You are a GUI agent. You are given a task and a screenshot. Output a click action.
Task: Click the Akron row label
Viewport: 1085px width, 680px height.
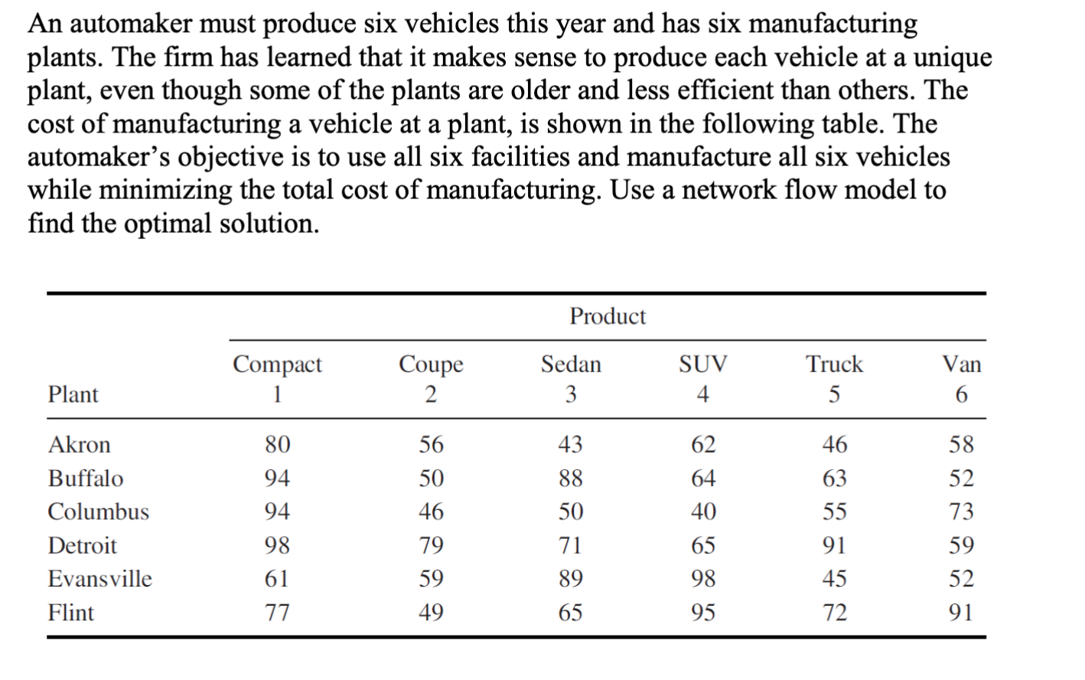click(79, 444)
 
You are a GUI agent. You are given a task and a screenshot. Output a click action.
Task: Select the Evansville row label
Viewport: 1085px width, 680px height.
click(99, 578)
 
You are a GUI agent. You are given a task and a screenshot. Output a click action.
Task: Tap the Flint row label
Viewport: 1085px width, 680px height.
click(71, 612)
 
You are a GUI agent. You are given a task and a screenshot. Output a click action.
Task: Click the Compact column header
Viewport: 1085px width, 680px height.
click(277, 365)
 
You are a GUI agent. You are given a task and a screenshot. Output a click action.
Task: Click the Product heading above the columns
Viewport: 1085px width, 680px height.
click(608, 315)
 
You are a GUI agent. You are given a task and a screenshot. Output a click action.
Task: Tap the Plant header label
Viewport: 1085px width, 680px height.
click(73, 394)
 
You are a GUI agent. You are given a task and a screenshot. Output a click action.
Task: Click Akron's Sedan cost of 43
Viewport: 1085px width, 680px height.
click(570, 444)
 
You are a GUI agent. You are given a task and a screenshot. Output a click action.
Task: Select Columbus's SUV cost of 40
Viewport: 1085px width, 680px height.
click(702, 511)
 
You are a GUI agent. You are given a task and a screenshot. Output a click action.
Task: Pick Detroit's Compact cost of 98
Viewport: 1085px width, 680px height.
click(277, 545)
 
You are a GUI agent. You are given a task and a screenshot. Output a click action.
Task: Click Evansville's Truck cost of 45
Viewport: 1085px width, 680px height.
click(834, 578)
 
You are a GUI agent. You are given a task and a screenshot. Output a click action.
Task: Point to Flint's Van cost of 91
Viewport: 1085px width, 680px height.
click(961, 612)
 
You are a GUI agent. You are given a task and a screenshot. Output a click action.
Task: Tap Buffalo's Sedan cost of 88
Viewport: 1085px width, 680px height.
click(570, 478)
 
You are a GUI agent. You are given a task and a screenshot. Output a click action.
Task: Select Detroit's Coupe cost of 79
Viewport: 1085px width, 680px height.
click(431, 545)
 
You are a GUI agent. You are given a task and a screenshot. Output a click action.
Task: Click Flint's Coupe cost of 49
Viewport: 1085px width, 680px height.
click(431, 612)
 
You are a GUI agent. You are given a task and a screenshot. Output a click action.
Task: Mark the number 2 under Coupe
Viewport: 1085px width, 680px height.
click(431, 394)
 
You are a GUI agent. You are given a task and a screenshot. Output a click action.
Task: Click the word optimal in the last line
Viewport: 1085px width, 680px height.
click(172, 224)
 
